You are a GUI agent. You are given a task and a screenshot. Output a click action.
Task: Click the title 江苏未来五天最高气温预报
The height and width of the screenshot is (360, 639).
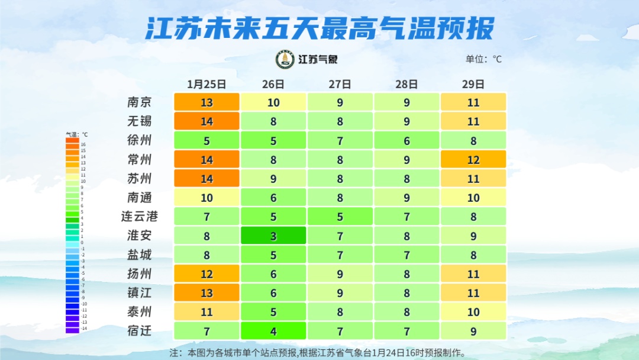click(x=319, y=28)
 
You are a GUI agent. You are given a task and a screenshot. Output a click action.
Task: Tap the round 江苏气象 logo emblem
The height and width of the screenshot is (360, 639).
click(x=285, y=59)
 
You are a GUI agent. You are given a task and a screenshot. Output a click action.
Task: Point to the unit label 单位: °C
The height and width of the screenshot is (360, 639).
click(x=483, y=59)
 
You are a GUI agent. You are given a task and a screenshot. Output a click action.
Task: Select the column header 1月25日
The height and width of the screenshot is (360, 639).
click(x=206, y=84)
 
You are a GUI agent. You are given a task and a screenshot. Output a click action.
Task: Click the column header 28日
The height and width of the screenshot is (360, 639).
click(x=406, y=84)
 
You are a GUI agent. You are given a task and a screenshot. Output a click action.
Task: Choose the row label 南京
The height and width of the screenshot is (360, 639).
click(x=140, y=102)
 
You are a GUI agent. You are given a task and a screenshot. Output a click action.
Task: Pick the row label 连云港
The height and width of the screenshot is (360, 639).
click(x=140, y=217)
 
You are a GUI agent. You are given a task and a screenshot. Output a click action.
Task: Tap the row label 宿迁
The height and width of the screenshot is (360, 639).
click(x=140, y=330)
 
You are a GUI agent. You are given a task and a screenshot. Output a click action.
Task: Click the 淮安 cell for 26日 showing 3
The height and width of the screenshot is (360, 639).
click(x=273, y=236)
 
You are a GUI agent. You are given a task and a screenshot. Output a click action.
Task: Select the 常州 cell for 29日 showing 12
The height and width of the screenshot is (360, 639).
click(x=473, y=160)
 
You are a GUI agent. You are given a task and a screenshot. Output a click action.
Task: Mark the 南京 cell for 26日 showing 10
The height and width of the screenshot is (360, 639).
click(x=273, y=102)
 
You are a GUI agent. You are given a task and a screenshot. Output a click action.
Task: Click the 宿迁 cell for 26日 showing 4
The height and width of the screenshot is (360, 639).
click(x=273, y=330)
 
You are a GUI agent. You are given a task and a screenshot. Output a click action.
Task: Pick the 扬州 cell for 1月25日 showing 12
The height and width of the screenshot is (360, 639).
click(x=206, y=274)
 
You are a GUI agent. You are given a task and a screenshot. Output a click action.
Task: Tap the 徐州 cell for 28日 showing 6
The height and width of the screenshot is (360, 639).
click(x=406, y=141)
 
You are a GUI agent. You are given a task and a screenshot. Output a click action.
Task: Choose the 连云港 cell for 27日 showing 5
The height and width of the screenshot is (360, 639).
click(x=340, y=217)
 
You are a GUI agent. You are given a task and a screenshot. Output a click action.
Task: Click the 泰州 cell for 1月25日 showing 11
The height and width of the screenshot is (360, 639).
click(x=206, y=311)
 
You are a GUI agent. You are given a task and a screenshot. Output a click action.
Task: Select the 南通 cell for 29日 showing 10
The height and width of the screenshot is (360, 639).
click(x=473, y=198)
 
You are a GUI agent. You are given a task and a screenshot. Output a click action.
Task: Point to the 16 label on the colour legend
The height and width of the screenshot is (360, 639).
click(x=83, y=144)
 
